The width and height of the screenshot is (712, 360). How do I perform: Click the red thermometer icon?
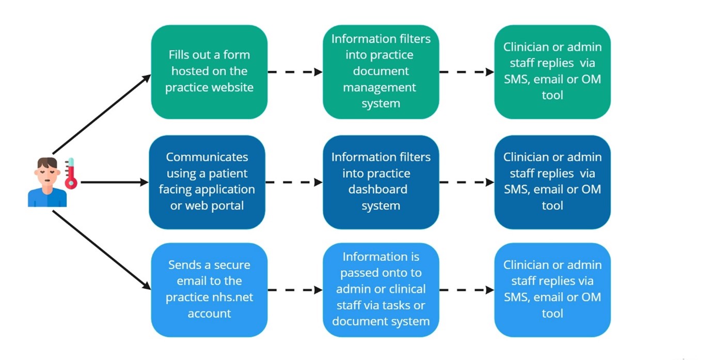71,174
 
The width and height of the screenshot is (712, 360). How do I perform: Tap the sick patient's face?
47,174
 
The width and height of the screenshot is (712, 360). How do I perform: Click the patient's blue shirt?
47,197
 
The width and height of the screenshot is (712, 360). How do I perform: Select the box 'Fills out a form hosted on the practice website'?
209,72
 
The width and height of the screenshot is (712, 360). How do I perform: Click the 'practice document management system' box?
381,72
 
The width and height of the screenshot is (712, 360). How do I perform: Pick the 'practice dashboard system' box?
381,182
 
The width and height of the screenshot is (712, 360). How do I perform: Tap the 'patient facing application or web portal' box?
207,182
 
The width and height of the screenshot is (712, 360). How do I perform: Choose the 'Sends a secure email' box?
209,290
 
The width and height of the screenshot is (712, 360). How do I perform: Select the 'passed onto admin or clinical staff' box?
381,290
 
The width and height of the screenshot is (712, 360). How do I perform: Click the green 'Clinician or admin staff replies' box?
552,72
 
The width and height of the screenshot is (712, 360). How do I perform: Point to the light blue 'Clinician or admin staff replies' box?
552,290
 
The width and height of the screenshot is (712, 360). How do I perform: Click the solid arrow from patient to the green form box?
102,114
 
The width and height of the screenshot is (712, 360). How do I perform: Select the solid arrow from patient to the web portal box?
115,182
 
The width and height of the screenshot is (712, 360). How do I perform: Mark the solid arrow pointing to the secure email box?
102,250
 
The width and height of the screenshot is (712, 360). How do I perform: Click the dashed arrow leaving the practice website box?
295,72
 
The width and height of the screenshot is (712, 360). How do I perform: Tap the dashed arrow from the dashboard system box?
467,182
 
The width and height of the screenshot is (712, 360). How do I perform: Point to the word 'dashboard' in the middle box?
377,189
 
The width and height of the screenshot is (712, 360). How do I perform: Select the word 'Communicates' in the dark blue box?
207,157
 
